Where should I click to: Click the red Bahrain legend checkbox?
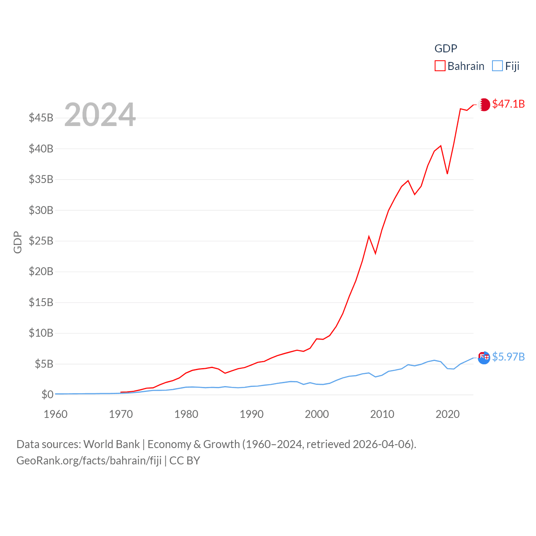tap(440, 66)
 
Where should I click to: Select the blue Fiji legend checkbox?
tap(497, 66)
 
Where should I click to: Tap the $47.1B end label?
tap(508, 104)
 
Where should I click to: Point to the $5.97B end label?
tap(508, 357)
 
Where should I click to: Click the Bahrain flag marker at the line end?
tap(484, 104)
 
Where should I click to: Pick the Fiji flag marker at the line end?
tap(484, 358)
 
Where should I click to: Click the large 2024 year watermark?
tap(100, 114)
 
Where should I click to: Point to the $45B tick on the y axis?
tap(41, 118)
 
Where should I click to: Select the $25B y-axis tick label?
tap(41, 241)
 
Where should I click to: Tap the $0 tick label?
tap(47, 394)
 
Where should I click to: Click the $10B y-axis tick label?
tap(41, 333)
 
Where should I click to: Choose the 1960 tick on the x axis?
tap(55, 414)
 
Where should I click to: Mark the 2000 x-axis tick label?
tap(317, 414)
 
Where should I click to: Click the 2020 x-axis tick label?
tap(447, 414)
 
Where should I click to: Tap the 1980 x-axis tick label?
tap(186, 414)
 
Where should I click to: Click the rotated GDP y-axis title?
tap(18, 242)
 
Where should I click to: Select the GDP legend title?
tap(446, 49)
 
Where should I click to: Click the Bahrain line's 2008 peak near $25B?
tap(369, 237)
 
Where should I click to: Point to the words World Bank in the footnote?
tap(111, 444)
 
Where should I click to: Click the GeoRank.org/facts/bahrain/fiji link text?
tap(89, 461)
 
